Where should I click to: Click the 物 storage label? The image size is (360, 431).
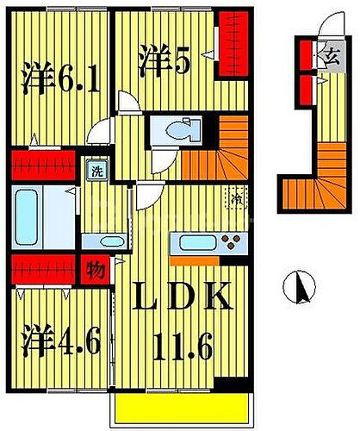(96, 270)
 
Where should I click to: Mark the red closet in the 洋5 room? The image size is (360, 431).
(229, 43)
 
